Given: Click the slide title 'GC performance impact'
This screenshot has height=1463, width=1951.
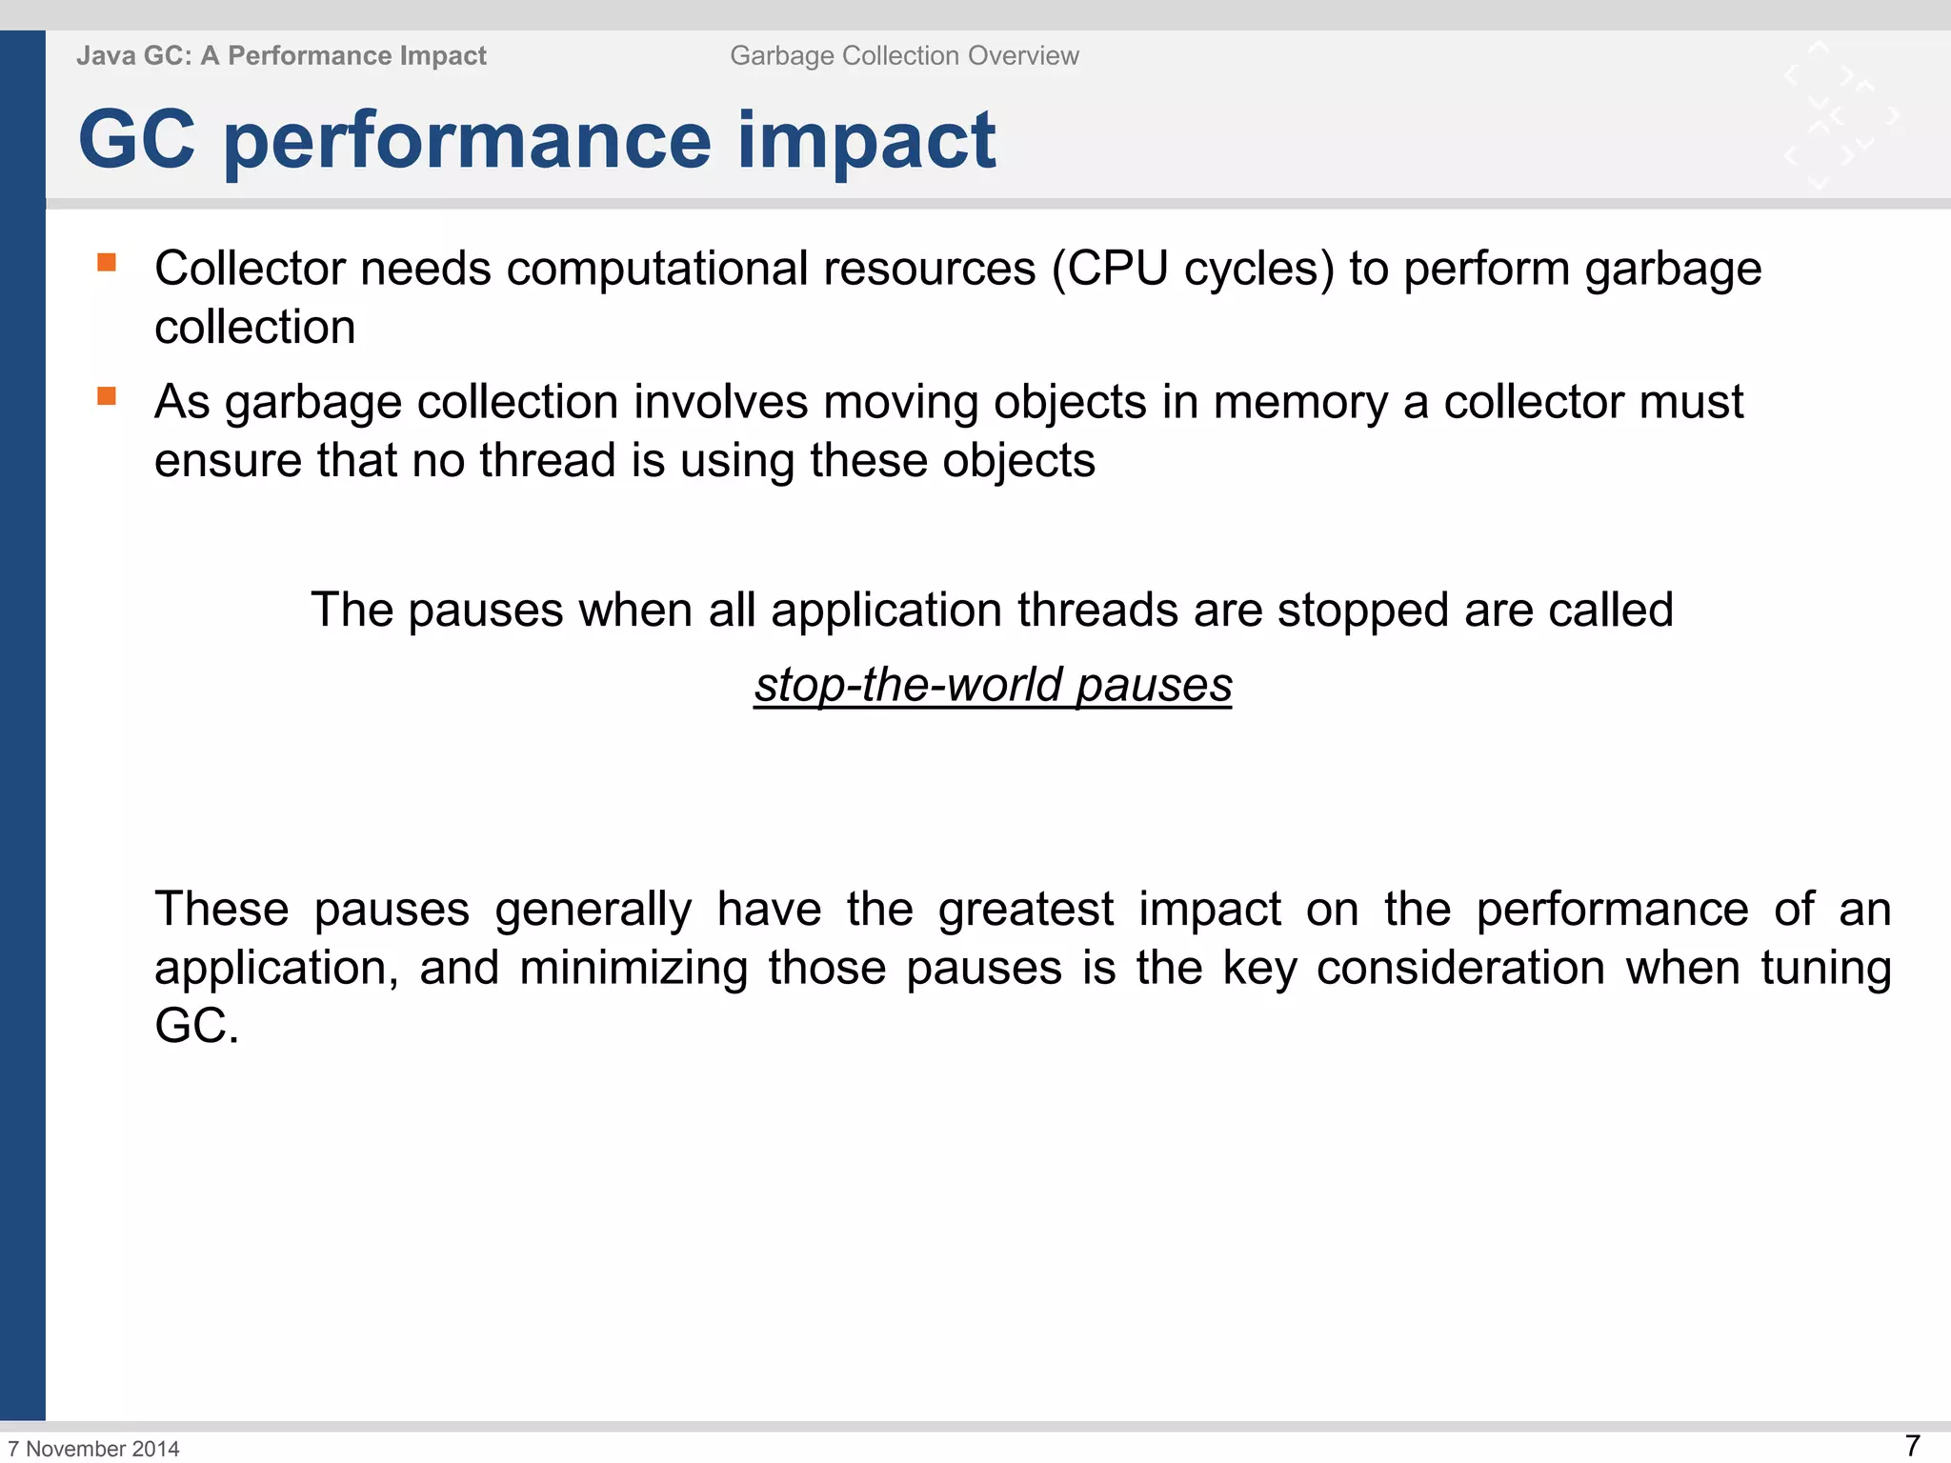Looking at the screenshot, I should click(536, 141).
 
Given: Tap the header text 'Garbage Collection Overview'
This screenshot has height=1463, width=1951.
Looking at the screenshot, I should click(904, 56).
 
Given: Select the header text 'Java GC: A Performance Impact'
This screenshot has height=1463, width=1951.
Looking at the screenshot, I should click(281, 56).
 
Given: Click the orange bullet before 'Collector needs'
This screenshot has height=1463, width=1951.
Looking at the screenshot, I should click(107, 262).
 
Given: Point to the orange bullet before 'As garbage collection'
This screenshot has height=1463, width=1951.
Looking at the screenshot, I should click(107, 395).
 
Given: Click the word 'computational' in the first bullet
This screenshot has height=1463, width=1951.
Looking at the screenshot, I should click(657, 269).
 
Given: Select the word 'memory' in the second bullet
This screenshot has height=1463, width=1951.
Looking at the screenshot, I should click(1300, 402).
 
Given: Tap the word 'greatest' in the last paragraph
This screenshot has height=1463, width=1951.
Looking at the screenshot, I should click(1025, 910).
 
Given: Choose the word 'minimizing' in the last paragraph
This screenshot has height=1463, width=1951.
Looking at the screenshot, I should click(634, 969).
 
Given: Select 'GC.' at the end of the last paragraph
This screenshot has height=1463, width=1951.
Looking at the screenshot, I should click(196, 1027).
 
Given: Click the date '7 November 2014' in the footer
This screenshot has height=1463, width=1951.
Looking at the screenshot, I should click(93, 1449).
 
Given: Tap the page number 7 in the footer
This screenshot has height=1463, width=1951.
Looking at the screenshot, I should click(1912, 1446).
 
